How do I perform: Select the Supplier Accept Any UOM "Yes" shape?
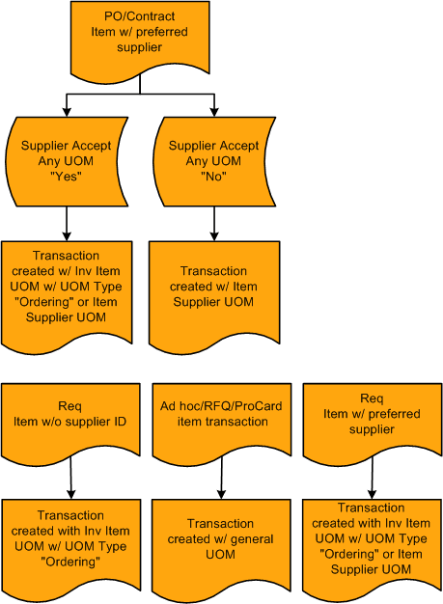[66, 161]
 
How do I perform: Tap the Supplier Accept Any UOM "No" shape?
[214, 161]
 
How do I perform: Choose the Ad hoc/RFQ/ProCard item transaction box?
[223, 412]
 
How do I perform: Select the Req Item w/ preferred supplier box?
[372, 412]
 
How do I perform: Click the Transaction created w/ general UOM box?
[223, 535]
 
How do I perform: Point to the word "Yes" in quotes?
[66, 177]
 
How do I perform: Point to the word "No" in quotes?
[214, 177]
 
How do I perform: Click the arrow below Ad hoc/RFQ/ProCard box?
[223, 476]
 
